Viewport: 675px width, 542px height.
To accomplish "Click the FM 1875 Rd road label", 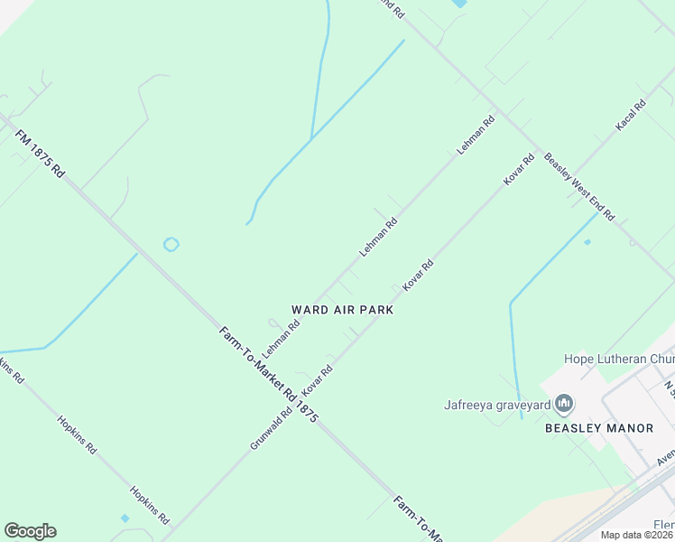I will pyautogui.click(x=41, y=154).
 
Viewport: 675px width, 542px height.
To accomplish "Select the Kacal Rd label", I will pyautogui.click(x=631, y=116).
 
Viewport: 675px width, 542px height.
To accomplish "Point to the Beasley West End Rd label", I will pyautogui.click(x=578, y=187).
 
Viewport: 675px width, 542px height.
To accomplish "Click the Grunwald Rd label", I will pyautogui.click(x=272, y=429).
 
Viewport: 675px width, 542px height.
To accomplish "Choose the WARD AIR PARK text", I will pyautogui.click(x=342, y=309).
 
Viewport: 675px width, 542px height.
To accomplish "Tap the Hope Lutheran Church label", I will pyautogui.click(x=619, y=359).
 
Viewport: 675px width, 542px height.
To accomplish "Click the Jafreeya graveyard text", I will pyautogui.click(x=495, y=403).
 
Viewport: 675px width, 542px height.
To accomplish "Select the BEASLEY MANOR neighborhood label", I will pyautogui.click(x=598, y=428).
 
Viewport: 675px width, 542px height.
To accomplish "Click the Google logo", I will pyautogui.click(x=31, y=531).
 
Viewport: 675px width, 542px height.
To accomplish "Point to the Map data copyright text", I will pyautogui.click(x=637, y=535).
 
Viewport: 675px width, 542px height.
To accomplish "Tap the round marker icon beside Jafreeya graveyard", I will pyautogui.click(x=565, y=402).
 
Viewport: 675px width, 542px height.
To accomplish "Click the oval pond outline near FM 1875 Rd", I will pyautogui.click(x=171, y=244).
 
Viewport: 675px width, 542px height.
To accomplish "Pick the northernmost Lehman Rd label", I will pyautogui.click(x=476, y=133).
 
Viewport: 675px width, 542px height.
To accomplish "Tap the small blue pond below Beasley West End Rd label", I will pyautogui.click(x=587, y=242).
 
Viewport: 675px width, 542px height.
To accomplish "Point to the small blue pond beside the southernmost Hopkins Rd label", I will pyautogui.click(x=125, y=519).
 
